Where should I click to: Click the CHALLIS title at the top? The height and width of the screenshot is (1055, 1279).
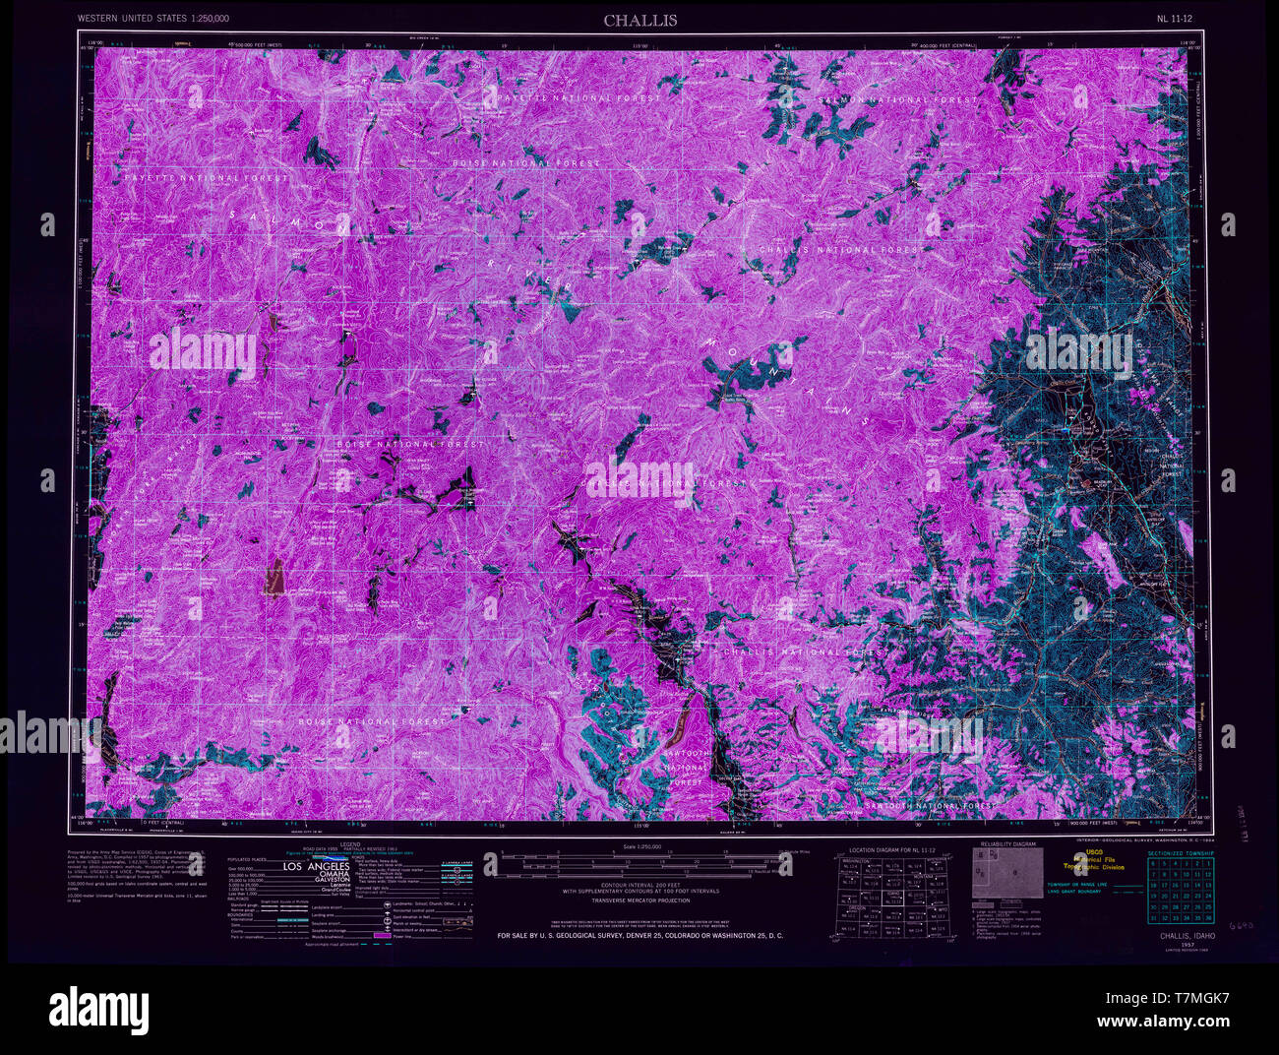[x=640, y=20]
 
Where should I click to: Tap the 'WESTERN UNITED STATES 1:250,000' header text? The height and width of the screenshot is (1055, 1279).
[x=153, y=19]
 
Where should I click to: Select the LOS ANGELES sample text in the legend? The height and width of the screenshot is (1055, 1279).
[x=315, y=866]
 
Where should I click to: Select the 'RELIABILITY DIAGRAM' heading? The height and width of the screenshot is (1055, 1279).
[x=1008, y=844]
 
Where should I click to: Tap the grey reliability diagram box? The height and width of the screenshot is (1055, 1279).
[x=1008, y=873]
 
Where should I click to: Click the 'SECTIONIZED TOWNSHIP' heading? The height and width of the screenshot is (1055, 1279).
[x=1181, y=851]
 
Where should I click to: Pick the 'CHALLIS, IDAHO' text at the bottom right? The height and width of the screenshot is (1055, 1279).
[x=1186, y=936]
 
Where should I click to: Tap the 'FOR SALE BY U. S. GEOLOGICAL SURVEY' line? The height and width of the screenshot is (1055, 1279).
[x=639, y=935]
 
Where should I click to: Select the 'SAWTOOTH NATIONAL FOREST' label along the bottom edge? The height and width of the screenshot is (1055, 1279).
[x=930, y=806]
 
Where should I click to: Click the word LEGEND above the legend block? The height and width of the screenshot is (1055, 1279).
[x=350, y=844]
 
